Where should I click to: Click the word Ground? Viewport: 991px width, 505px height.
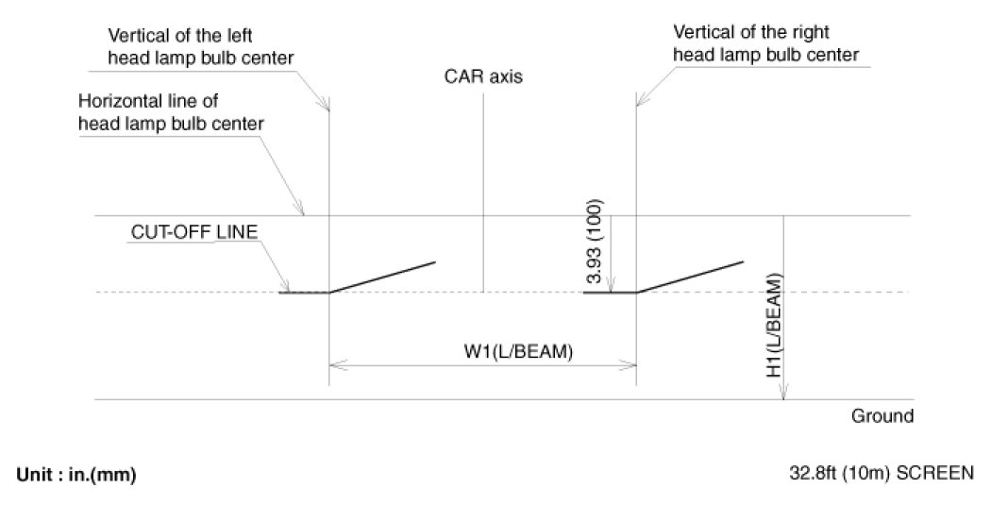tap(882, 415)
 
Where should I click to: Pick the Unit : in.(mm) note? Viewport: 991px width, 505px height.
tap(76, 475)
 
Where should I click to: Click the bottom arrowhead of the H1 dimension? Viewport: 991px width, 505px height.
tap(784, 394)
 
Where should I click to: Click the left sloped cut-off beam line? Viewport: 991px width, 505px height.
tap(382, 276)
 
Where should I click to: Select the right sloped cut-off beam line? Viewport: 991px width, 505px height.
tap(689, 276)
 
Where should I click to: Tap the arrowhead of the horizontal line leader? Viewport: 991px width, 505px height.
tap(301, 211)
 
